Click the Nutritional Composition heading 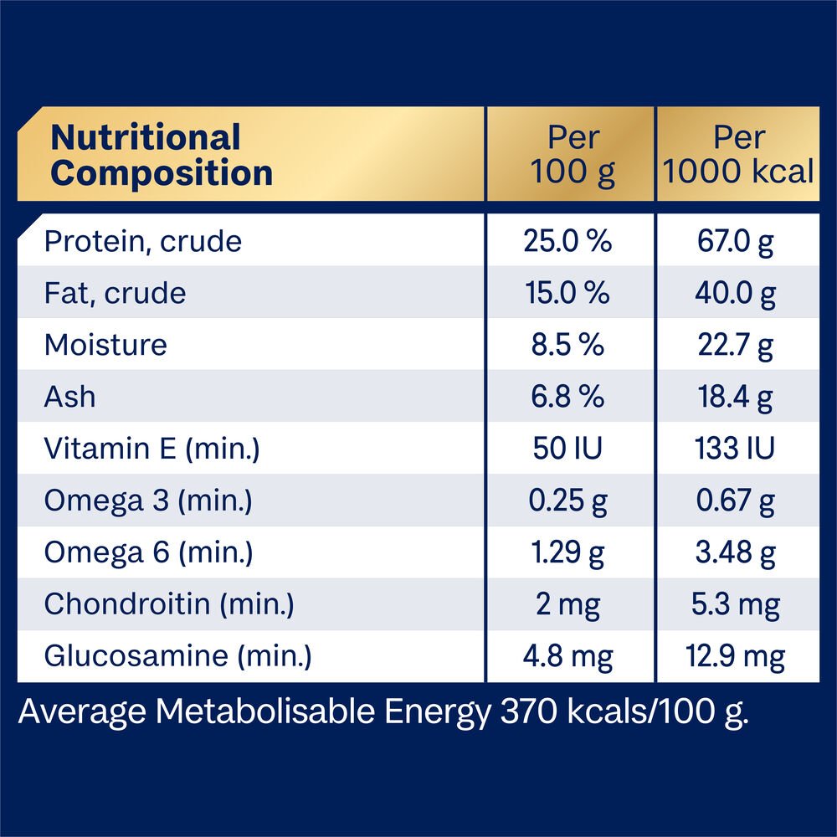click(162, 156)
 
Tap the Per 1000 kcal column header click(737, 156)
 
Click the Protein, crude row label click(143, 242)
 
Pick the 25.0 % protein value click(568, 242)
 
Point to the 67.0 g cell click(737, 242)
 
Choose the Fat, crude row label click(116, 294)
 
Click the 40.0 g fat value click(737, 294)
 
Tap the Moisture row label click(105, 346)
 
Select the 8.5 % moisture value click(568, 346)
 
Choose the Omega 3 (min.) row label click(148, 501)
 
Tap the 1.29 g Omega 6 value click(568, 553)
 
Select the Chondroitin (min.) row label click(169, 605)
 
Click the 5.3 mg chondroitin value click(737, 605)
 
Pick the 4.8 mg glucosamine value click(568, 657)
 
